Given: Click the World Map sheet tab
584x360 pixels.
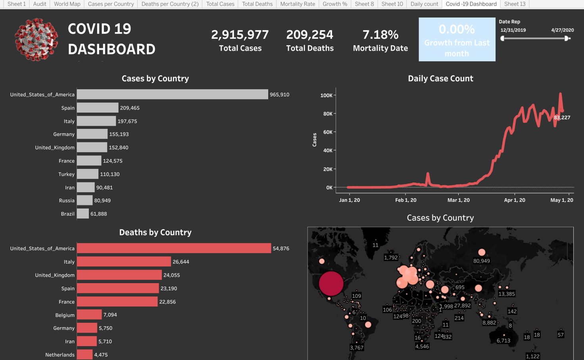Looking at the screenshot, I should point(67,4).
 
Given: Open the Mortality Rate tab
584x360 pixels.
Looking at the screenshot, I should point(298,4).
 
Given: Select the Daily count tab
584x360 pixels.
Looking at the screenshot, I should point(424,4).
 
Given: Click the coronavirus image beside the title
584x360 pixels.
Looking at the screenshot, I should point(36,40).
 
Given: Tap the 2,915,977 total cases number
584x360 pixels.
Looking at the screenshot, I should point(240,35).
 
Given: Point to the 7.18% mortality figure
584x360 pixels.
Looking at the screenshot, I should point(380,35).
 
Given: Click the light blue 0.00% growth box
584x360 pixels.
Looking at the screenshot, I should point(457,40).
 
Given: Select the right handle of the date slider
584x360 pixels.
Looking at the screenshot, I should point(567,38).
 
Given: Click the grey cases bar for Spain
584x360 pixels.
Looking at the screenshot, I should point(98,108).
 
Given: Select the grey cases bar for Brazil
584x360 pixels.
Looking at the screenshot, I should point(83,214).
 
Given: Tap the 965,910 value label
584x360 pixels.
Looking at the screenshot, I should point(279,95).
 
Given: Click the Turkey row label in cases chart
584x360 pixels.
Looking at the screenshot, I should point(66,174).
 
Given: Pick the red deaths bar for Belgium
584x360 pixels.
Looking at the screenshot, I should point(89,315).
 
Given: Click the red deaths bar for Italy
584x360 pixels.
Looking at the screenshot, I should point(124,262).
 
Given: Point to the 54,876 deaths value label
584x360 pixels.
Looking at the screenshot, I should point(281,249).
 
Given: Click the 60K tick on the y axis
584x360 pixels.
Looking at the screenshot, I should point(328,132).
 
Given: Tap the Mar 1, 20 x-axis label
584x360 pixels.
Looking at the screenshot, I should point(458,200).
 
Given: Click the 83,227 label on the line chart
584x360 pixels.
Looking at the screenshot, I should point(562,118).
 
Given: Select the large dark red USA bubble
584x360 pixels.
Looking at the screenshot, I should point(330,283).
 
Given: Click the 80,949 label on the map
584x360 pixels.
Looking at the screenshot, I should point(481,261).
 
